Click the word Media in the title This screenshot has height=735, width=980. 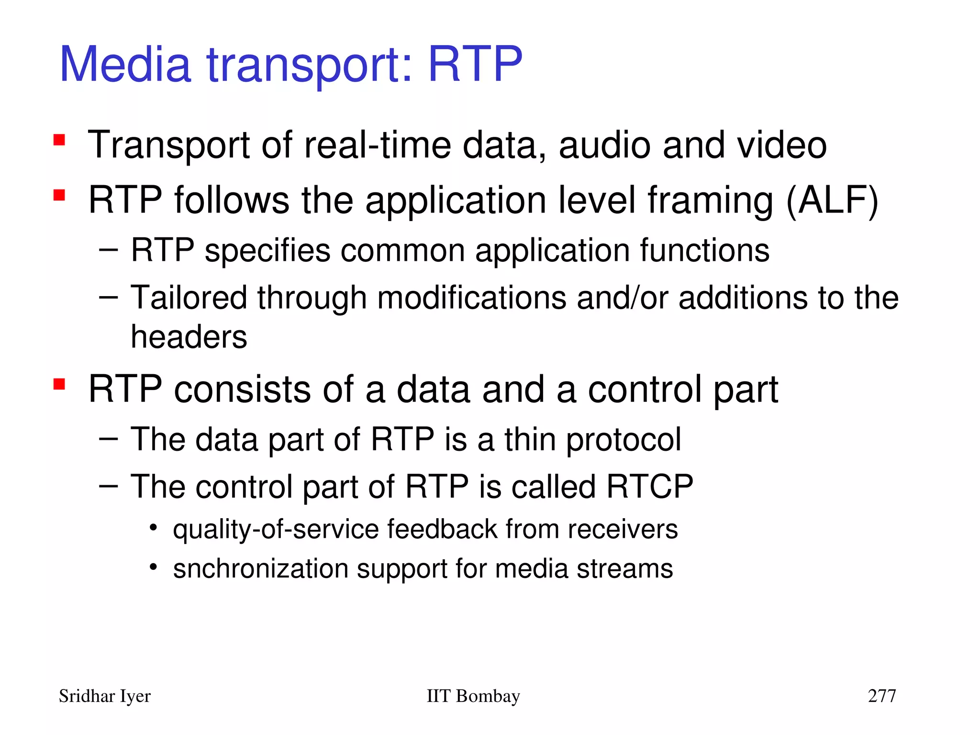[125, 64]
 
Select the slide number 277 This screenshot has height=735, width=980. [882, 696]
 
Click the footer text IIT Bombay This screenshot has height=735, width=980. [473, 696]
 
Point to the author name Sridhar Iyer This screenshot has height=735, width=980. [104, 696]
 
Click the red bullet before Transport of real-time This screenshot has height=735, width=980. [59, 140]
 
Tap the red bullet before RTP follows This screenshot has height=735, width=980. [59, 195]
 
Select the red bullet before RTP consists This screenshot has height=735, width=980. [59, 384]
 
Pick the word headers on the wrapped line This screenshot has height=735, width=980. [189, 336]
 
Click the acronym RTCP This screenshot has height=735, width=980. [650, 487]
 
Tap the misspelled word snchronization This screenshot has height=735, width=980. [261, 568]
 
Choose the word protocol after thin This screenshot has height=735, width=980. [624, 439]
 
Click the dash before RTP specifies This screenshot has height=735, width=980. [108, 249]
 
